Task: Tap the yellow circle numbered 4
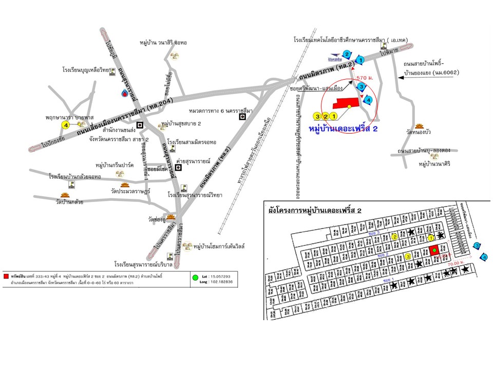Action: (65, 125)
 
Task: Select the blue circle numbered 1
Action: (360, 60)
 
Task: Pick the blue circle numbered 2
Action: (347, 54)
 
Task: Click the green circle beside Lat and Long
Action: (195, 278)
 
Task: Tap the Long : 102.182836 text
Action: (219, 282)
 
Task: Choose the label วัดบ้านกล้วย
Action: (65, 202)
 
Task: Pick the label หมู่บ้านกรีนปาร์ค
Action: (114, 165)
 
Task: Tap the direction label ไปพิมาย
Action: (390, 53)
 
